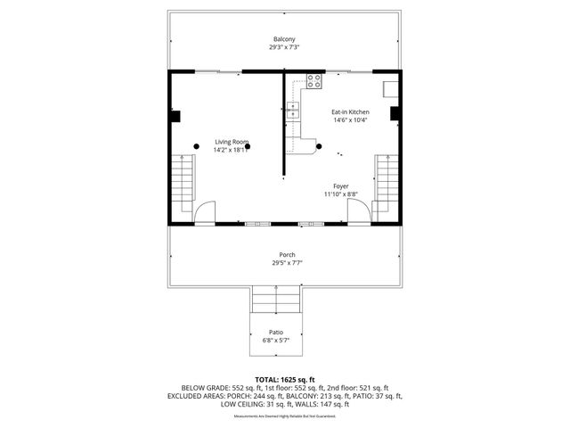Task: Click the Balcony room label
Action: point(284,39)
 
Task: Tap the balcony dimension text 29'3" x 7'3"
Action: point(284,47)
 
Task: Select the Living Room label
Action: point(230,143)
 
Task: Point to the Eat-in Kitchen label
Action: point(351,112)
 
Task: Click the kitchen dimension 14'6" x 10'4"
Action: point(351,120)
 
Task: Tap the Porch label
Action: point(286,255)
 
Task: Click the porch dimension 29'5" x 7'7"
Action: point(286,263)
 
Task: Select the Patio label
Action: point(276,332)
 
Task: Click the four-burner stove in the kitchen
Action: point(313,81)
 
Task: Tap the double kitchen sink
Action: point(291,112)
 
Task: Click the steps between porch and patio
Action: point(276,299)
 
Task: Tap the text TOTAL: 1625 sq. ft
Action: point(285,379)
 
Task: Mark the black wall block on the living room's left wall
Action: point(175,115)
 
